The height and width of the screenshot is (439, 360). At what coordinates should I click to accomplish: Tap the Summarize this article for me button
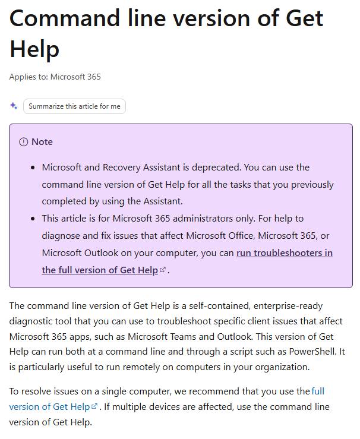tap(74, 106)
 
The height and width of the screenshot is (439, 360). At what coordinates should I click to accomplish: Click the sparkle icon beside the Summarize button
tap(14, 106)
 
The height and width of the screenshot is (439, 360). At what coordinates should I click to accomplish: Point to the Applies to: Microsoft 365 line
tap(55, 77)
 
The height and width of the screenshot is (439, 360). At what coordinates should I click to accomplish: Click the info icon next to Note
tap(24, 142)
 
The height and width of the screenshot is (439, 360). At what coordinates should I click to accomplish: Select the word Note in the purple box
tap(42, 142)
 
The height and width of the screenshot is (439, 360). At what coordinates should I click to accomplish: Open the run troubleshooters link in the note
tap(284, 253)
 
